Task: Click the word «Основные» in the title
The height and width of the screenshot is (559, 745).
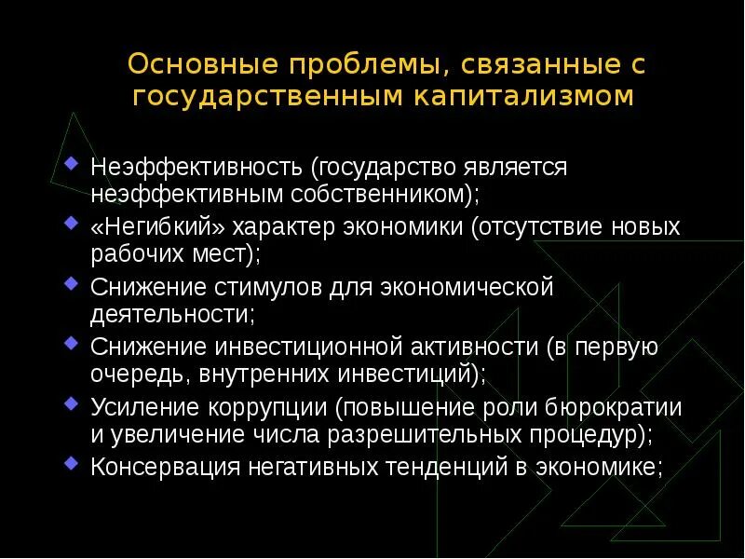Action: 190,65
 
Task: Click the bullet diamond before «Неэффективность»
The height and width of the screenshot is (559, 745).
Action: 73,165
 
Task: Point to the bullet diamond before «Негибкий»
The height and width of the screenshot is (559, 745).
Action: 73,225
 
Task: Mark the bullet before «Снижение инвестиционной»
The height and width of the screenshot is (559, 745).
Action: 73,344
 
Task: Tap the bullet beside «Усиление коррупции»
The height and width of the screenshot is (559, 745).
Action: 73,403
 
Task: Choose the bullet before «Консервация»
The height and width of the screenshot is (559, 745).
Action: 73,463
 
